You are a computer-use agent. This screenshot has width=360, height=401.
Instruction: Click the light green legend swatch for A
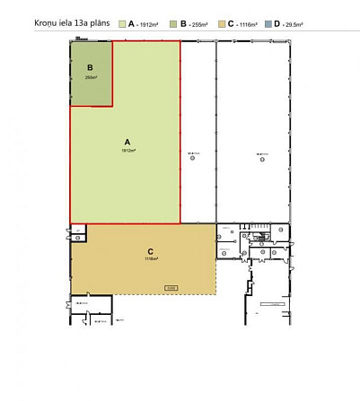click(x=122, y=21)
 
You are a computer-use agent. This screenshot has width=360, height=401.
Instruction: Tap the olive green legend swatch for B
click(x=173, y=21)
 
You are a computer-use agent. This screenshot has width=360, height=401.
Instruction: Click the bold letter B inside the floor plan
click(x=90, y=67)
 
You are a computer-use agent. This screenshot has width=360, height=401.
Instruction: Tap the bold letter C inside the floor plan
click(x=151, y=251)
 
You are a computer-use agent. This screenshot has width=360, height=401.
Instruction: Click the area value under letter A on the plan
click(x=128, y=151)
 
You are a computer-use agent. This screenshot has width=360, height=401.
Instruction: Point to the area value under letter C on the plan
click(x=151, y=259)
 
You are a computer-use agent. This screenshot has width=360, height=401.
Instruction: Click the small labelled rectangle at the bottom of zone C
click(x=171, y=288)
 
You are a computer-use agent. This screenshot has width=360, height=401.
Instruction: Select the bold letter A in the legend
click(x=132, y=21)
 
